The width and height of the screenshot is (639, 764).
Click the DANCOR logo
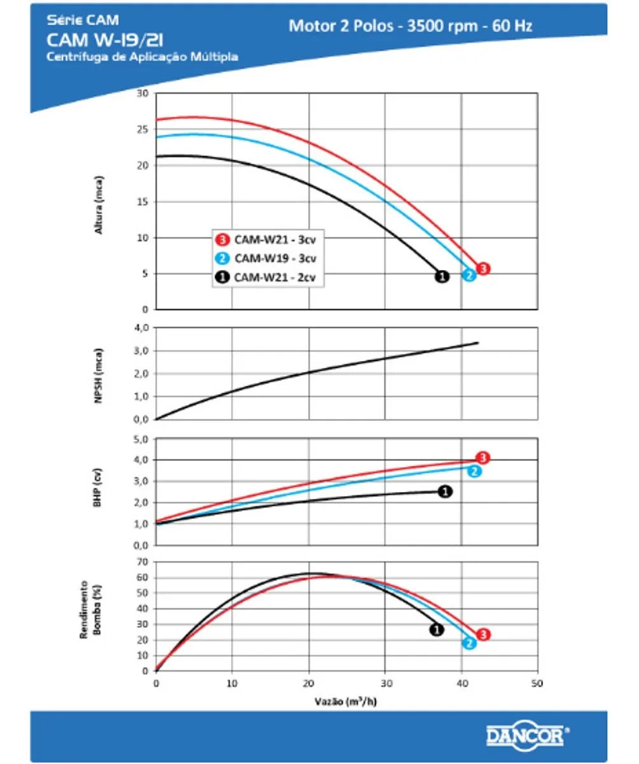coord(526,736)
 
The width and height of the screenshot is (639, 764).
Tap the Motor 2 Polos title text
coord(411,25)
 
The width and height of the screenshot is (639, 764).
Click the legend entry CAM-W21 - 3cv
coord(274,240)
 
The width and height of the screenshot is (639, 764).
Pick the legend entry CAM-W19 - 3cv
coord(274,258)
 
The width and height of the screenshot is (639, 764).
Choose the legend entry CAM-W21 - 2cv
coord(274,277)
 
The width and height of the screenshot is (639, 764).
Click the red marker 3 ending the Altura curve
coord(483,269)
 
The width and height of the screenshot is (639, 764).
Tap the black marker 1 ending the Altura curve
coord(441,276)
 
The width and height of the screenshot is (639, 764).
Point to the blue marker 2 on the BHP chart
coord(474,471)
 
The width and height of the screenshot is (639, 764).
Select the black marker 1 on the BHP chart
coord(446,492)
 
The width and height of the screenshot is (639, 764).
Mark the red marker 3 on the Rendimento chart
coord(483,634)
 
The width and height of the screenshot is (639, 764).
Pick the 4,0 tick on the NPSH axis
coord(140,328)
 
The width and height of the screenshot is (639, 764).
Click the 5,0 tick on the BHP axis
coord(140,439)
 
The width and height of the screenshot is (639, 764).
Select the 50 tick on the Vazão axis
coord(538,683)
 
